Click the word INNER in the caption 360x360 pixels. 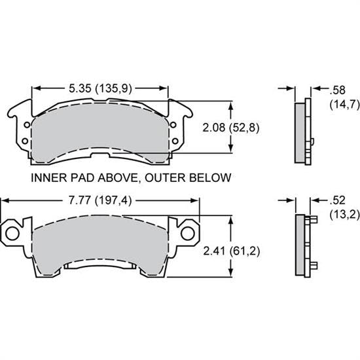[x=45, y=177]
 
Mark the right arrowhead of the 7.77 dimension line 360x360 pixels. [x=196, y=200]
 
